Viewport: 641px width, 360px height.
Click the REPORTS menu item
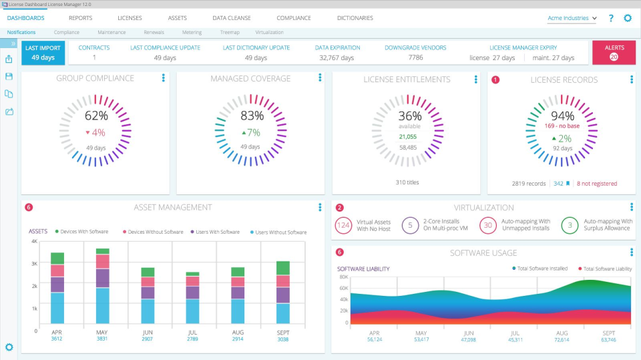click(x=80, y=18)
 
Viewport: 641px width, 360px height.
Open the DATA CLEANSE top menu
click(x=231, y=18)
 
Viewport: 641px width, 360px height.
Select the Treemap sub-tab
click(x=230, y=32)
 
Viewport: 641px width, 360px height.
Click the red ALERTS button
click(x=614, y=52)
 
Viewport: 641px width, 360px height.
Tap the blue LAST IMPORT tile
click(x=43, y=52)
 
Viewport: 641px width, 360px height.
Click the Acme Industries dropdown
click(x=572, y=19)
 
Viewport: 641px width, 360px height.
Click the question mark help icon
click(x=611, y=19)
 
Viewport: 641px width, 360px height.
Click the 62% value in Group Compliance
click(x=96, y=116)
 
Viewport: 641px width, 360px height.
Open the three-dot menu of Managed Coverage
click(x=318, y=79)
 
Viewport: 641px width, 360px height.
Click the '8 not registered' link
click(x=597, y=184)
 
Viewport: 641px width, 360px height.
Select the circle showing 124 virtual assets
click(x=344, y=225)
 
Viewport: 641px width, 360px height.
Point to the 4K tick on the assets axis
click(x=33, y=241)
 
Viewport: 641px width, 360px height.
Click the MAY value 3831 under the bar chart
click(x=102, y=339)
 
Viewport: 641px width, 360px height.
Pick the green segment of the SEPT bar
click(x=282, y=268)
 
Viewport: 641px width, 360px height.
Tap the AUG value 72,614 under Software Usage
click(x=562, y=339)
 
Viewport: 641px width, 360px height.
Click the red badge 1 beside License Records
click(x=495, y=79)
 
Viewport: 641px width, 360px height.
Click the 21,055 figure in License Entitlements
click(x=407, y=136)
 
